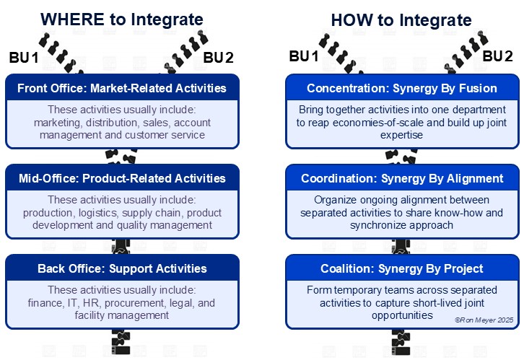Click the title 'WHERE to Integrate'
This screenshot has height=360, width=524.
pos(122,19)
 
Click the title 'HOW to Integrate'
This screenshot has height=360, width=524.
pos(401,20)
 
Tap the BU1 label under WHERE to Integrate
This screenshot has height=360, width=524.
pos(24,58)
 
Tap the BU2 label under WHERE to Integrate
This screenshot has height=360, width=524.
pos(218,58)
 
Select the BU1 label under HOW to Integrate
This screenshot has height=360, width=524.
pos(304,56)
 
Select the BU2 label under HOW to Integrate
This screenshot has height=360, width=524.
pos(497,56)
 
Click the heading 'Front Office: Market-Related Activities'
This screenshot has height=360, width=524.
pos(122,88)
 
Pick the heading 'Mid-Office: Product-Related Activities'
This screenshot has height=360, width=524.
pos(122,178)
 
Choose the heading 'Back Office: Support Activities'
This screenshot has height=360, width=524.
pos(122,268)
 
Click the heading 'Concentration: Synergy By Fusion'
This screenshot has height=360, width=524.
pos(402,88)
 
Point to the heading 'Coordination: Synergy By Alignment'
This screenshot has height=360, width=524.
pos(402,178)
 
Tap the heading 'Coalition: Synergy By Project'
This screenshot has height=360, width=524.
pos(402,268)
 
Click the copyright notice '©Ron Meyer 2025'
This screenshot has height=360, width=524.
pos(484,320)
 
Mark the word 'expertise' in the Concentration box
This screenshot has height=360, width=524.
pos(401,135)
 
